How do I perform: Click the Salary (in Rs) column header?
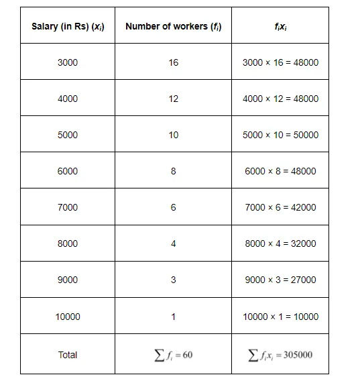pyautogui.click(x=68, y=26)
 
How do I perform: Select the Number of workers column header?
pyautogui.click(x=174, y=26)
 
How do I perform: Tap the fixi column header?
pyautogui.click(x=280, y=26)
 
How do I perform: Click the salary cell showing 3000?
pyautogui.click(x=68, y=62)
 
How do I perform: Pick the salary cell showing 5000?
pyautogui.click(x=68, y=135)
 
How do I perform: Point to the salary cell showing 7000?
pyautogui.click(x=68, y=207)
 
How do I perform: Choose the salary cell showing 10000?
pyautogui.click(x=68, y=317)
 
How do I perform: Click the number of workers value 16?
pyautogui.click(x=174, y=62)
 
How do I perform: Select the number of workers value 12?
pyautogui.click(x=174, y=99)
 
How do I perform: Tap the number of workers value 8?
pyautogui.click(x=174, y=171)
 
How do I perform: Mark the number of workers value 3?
pyautogui.click(x=174, y=280)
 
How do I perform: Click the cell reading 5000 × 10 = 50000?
pyautogui.click(x=280, y=135)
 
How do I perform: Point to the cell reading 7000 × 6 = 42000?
pyautogui.click(x=280, y=207)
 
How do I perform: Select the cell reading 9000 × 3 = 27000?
pyautogui.click(x=280, y=280)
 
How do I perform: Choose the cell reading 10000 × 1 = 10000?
pyautogui.click(x=280, y=317)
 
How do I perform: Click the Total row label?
pyautogui.click(x=68, y=355)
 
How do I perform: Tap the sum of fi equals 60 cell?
pyautogui.click(x=174, y=355)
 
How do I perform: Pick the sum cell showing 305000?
pyautogui.click(x=280, y=355)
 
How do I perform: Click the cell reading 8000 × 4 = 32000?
pyautogui.click(x=280, y=243)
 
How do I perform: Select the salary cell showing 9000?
pyautogui.click(x=68, y=280)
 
